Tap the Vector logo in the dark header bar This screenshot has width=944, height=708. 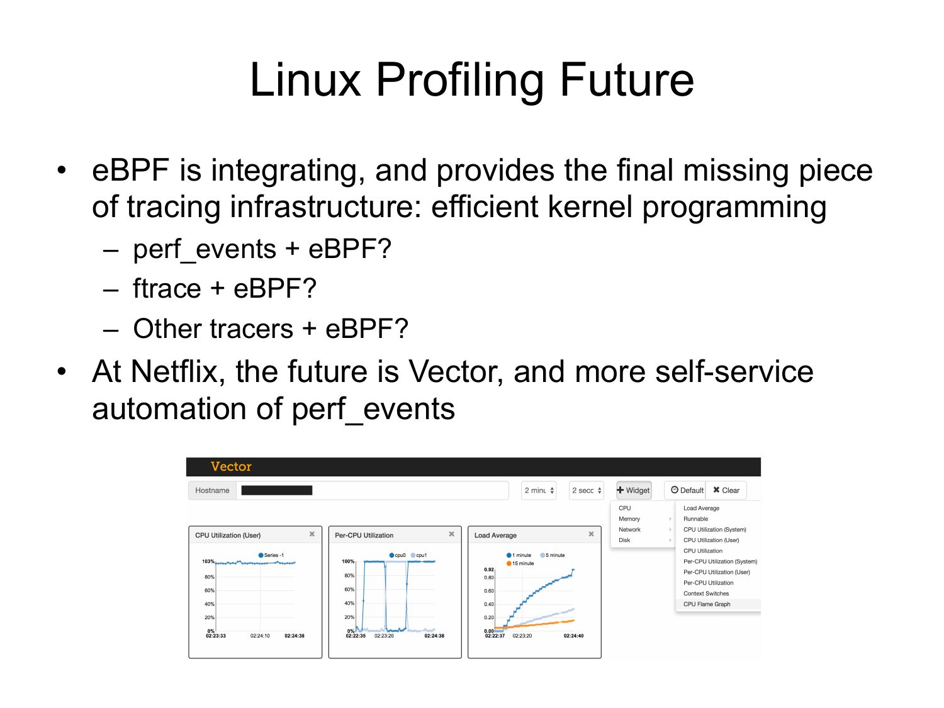coord(231,466)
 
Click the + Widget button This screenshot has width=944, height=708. coord(634,490)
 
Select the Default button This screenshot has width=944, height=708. coord(687,490)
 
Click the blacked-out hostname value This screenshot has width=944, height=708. coord(276,490)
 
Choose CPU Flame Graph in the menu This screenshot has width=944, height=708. coord(707,604)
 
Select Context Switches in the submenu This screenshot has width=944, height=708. coord(706,593)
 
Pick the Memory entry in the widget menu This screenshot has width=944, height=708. coord(629,519)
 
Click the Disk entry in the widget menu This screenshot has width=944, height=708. coord(624,540)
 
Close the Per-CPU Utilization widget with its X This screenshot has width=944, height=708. coord(452,534)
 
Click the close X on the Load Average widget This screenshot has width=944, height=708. coord(591,534)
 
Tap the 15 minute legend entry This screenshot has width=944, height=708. coord(520,563)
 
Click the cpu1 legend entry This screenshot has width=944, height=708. coord(419,555)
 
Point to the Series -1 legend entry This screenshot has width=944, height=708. coord(271,555)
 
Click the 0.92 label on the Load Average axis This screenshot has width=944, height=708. coord(489,569)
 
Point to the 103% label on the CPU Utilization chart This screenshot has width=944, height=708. coord(208,561)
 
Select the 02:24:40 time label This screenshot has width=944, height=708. coord(574,636)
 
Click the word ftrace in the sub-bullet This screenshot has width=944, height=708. coord(167,288)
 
